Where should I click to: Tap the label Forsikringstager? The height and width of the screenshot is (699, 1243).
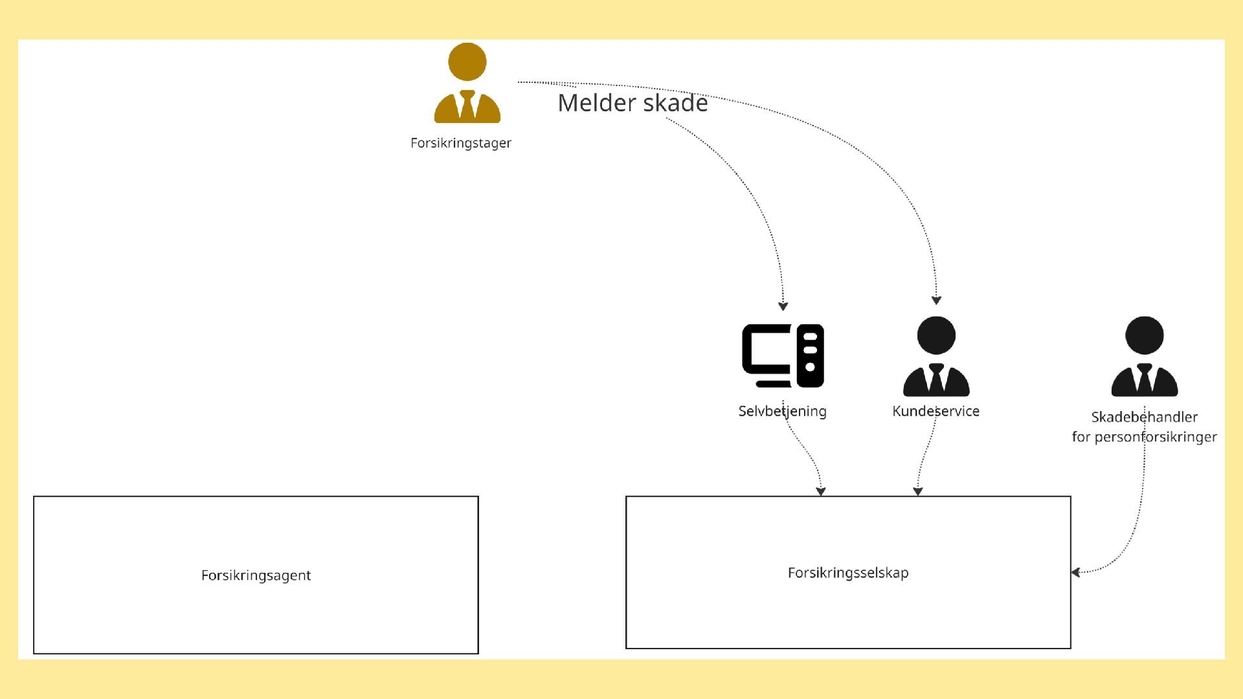pos(460,143)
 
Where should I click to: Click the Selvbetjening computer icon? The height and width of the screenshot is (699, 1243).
pos(783,355)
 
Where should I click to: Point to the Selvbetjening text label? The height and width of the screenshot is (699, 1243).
pos(782,411)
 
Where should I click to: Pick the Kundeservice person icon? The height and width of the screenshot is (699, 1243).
pos(936,356)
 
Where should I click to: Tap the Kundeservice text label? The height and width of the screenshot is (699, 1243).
pos(935,411)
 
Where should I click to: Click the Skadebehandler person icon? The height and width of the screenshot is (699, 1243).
pos(1144,356)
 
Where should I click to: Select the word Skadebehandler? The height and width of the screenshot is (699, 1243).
pos(1144,417)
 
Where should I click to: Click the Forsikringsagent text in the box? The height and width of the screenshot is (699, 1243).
pos(256,575)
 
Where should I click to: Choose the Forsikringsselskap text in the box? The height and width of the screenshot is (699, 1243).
pos(848,573)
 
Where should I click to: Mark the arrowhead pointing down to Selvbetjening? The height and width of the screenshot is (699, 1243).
pos(783,306)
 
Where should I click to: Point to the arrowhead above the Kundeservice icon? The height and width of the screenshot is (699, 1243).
pos(936,300)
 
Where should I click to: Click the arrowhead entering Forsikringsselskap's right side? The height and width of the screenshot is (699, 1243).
pos(1075,572)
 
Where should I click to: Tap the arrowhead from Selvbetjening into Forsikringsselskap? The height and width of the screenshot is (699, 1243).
pos(821,491)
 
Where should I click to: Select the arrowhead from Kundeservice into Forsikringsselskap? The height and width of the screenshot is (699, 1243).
pos(917,491)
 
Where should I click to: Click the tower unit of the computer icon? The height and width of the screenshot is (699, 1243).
pos(810,355)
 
